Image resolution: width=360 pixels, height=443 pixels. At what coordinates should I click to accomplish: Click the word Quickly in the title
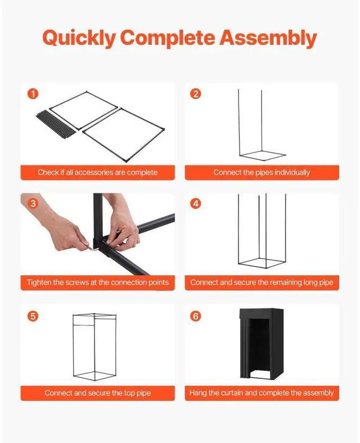click(79, 38)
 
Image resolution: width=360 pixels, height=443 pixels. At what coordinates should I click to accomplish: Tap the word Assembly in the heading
click(268, 38)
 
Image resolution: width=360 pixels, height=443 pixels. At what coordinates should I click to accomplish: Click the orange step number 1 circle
click(33, 93)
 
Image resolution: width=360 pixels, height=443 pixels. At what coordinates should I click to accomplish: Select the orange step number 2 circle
click(196, 93)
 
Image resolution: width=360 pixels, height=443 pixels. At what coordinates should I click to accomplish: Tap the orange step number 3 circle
click(33, 203)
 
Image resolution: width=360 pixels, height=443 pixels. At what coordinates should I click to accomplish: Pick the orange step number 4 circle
click(196, 203)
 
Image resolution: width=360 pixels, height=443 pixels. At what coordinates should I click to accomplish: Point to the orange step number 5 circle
click(33, 316)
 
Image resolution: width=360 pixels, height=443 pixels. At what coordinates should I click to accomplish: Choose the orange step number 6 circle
click(196, 316)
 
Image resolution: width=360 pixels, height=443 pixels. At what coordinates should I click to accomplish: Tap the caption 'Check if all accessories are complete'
click(98, 172)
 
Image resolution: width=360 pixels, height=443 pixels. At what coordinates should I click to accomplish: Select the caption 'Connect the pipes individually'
click(262, 172)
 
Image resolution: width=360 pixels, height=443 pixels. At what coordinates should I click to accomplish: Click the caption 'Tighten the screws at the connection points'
click(98, 282)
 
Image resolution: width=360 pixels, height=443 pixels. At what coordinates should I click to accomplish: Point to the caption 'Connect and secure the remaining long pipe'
click(262, 282)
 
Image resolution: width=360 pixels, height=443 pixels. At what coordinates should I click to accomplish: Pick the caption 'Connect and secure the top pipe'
click(98, 393)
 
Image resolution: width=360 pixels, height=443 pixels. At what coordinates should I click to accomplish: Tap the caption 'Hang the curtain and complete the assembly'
click(262, 393)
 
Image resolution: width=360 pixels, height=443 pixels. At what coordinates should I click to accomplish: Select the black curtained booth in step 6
click(262, 343)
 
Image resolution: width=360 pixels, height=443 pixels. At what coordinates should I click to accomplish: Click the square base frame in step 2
click(263, 155)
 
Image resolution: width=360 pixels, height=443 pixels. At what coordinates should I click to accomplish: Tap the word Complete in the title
click(168, 38)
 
